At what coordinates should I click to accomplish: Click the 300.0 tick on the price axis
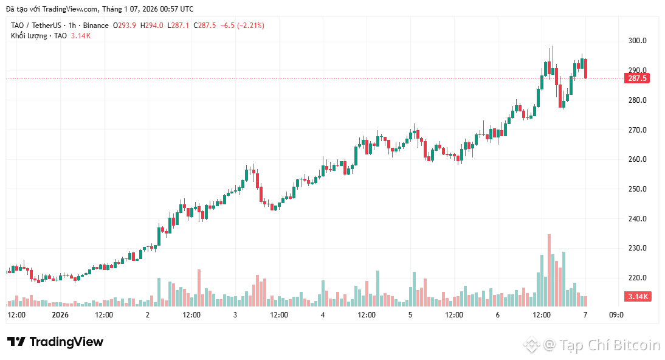tap(637, 41)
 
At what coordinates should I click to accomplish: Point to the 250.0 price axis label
tap(637, 189)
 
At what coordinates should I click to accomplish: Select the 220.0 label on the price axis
tap(637, 278)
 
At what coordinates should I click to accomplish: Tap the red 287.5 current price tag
tap(637, 78)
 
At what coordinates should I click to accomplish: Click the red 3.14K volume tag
tap(638, 297)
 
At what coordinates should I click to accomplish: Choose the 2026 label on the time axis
tap(60, 315)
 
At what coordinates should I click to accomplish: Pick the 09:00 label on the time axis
tap(616, 315)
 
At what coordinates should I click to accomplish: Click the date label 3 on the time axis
tap(235, 315)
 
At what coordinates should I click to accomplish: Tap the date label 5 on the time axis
tap(410, 315)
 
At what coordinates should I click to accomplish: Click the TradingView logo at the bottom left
tap(55, 342)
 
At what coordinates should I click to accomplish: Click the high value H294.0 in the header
tap(152, 26)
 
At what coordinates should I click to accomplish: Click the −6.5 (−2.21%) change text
tap(242, 26)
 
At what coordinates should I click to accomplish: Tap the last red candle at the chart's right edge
tap(585, 68)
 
